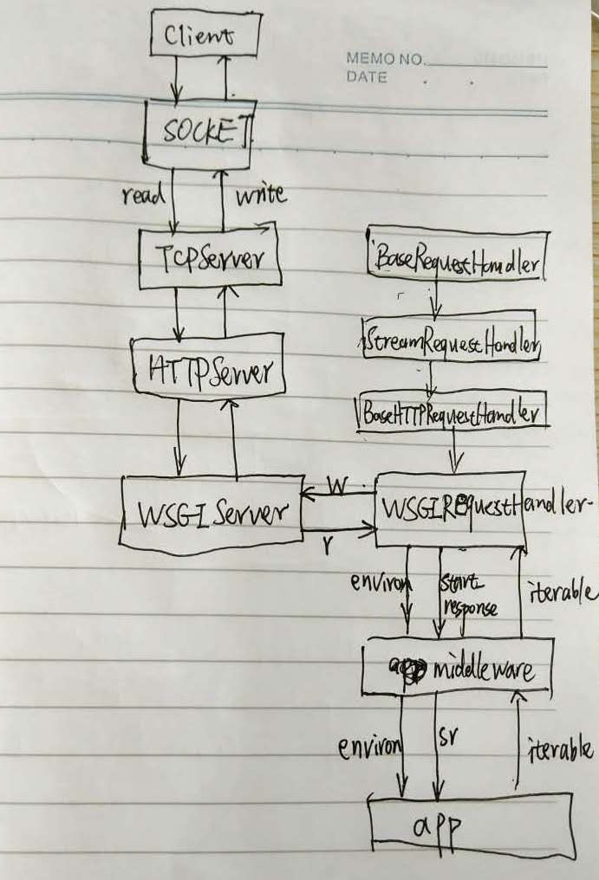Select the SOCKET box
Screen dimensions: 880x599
[198, 133]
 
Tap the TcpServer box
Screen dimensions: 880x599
[211, 259]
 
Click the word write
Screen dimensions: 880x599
[260, 194]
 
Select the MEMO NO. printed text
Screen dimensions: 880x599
[385, 60]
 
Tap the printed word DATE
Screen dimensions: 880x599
[367, 77]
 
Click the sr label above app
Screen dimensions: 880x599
[452, 736]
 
